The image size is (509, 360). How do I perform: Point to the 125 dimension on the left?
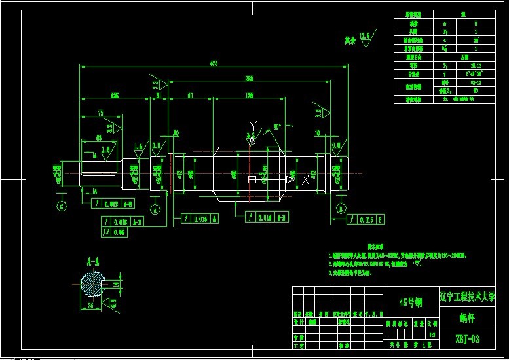coord(115,96)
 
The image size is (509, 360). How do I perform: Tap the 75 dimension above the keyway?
coord(100,113)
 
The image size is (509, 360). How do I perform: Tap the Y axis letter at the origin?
coord(252,125)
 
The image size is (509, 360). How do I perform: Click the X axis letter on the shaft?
coord(305,179)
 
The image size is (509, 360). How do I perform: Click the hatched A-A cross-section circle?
coord(90,285)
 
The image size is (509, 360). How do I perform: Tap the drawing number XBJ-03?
coord(468,339)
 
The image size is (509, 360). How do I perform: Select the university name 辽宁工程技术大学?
coord(467,297)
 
